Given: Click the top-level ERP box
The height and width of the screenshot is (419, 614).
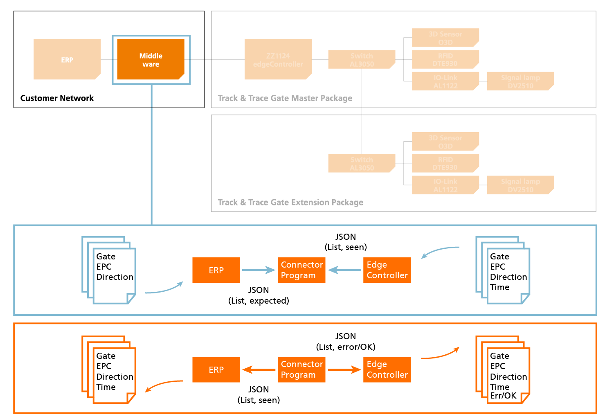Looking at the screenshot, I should (x=67, y=59).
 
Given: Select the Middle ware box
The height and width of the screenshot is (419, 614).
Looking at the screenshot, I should (x=151, y=59).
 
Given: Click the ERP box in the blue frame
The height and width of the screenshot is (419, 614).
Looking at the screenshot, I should (x=216, y=270).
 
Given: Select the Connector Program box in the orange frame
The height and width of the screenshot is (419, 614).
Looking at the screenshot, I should (x=301, y=369).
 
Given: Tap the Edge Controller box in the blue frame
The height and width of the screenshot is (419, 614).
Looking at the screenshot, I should (x=387, y=270).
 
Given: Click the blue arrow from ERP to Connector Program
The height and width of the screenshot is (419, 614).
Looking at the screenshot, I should (x=259, y=270).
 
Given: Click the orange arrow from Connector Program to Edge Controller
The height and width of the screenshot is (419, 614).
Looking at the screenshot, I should (x=344, y=369).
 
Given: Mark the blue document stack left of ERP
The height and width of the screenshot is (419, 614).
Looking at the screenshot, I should (x=109, y=270).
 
